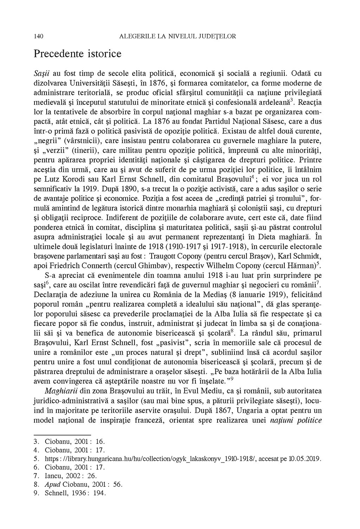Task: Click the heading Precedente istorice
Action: pos(77,54)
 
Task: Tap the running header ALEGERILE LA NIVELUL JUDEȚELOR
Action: pos(178,36)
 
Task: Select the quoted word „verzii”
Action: pos(58,151)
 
